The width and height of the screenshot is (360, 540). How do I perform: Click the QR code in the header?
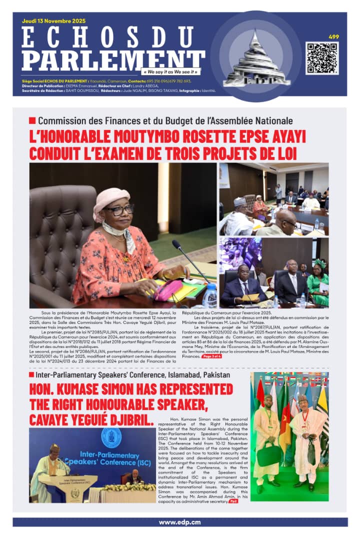pos(321,58)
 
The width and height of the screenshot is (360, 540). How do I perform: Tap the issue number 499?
pos(333,36)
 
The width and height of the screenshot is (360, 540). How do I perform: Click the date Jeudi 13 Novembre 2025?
pos(54,21)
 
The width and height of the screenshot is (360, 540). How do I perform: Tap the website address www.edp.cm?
pos(179,522)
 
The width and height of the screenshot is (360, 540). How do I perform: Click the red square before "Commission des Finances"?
pos(32,120)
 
